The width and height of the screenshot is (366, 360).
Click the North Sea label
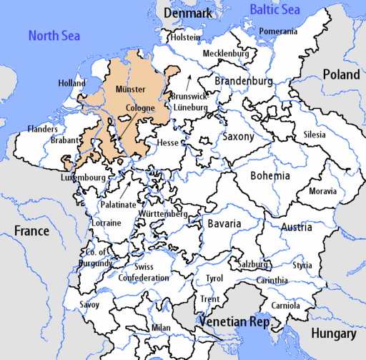pos(54,35)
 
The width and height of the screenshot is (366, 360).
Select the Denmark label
pos(188,14)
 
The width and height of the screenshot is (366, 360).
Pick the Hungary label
pos(333,334)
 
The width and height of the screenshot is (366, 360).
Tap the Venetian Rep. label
pos(234,323)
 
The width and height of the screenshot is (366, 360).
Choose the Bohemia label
pos(270,175)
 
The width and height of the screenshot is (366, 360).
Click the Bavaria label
pos(224,223)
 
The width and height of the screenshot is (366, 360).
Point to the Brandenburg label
pos(243,82)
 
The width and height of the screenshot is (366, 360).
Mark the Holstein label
pos(184,38)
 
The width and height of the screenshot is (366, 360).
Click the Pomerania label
pos(277,31)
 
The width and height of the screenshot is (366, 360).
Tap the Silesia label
pos(313,134)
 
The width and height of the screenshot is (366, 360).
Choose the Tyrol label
pos(214,278)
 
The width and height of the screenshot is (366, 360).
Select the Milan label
pos(162,328)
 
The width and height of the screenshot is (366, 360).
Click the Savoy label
pos(90,304)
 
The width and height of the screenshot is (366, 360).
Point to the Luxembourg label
pos(84,177)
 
